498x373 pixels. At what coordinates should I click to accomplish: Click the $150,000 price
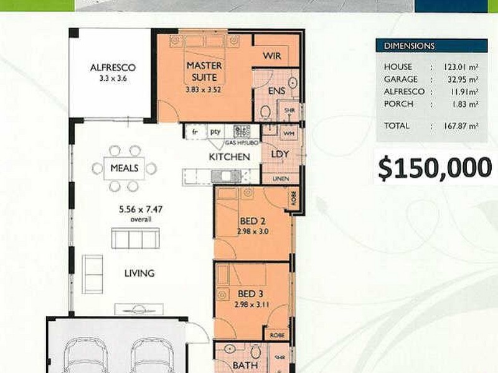point(434,167)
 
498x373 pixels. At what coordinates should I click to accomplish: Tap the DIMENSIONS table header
point(409,46)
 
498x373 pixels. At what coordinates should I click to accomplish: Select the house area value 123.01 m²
point(460,67)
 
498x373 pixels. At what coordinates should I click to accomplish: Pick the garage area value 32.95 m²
point(461,80)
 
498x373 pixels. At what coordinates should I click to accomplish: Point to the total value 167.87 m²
point(460,126)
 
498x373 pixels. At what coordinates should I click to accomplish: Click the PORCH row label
point(398,104)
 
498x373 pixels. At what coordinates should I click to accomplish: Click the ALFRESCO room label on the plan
point(113,68)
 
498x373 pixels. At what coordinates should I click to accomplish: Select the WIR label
point(272,56)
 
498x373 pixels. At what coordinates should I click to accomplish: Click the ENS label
point(276,91)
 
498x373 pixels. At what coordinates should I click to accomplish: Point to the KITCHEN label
point(229,157)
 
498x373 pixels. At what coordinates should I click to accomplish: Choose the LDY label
point(278,154)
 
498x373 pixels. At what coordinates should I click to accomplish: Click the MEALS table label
point(125,168)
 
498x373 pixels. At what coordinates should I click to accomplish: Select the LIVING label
point(139,273)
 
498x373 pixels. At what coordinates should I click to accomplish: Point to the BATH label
point(245,366)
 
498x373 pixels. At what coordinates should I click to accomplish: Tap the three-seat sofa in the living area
point(135,238)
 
